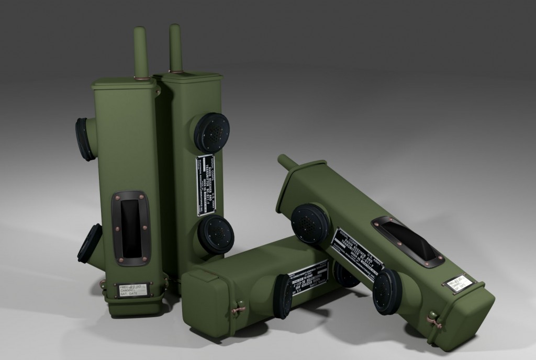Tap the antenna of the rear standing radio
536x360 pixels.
(x=175, y=47)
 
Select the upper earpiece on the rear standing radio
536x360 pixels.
(x=211, y=133)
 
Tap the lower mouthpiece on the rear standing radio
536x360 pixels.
(x=216, y=234)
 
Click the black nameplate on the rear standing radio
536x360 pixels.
(x=206, y=185)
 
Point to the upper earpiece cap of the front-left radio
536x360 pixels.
(x=84, y=139)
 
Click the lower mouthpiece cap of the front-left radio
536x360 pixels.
(x=90, y=243)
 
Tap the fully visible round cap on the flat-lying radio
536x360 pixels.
(x=283, y=296)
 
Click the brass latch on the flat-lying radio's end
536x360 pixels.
(x=238, y=310)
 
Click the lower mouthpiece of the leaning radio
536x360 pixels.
(x=387, y=291)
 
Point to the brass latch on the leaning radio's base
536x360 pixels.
(x=434, y=321)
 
